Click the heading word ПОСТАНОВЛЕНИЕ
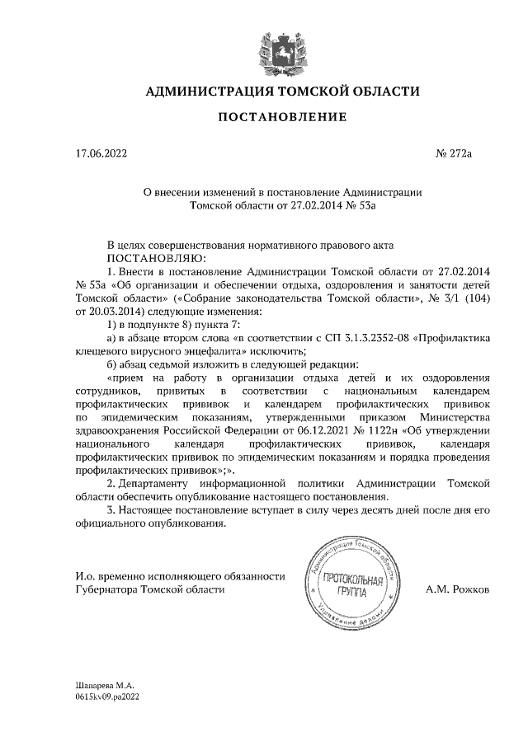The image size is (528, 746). point(282,118)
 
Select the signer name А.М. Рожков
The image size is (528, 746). point(457,590)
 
